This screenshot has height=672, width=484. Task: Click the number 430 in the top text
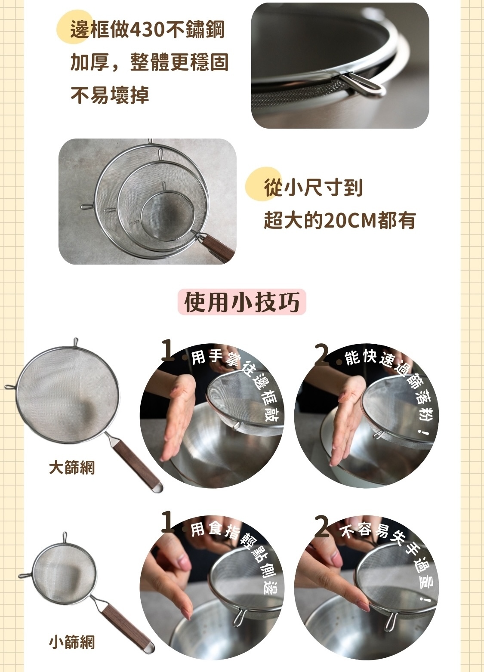tap(145, 31)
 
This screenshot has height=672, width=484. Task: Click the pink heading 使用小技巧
tap(242, 302)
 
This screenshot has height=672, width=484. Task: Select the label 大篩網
tap(72, 468)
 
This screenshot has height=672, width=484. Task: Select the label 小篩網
tap(72, 642)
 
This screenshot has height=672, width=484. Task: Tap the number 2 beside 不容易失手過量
tap(322, 527)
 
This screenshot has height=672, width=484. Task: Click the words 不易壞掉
tap(110, 95)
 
